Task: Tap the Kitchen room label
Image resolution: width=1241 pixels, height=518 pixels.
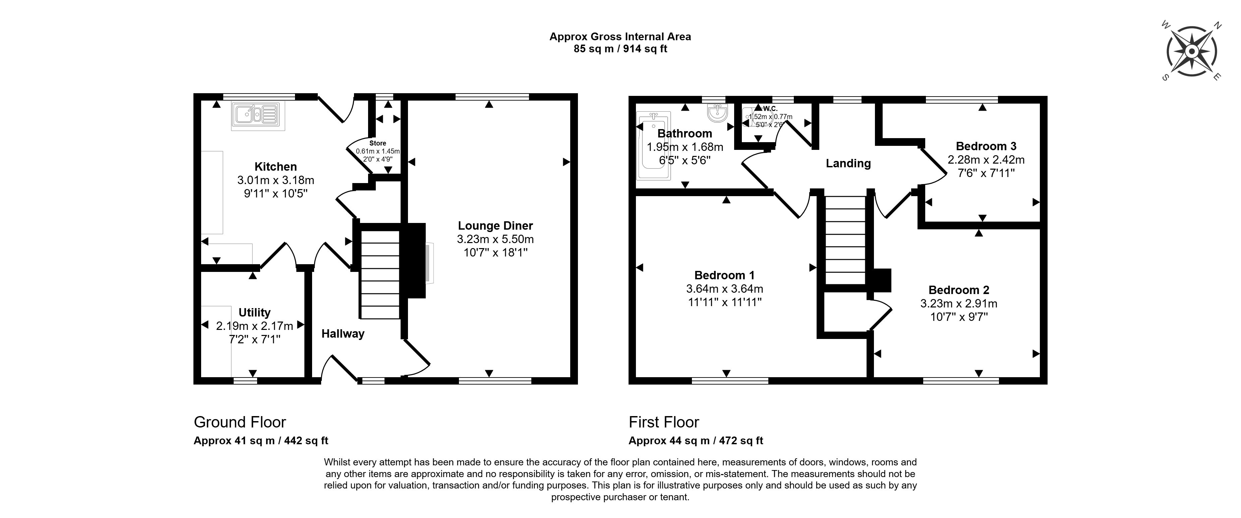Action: point(276,167)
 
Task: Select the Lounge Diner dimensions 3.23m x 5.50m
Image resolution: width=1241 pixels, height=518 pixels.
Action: point(495,239)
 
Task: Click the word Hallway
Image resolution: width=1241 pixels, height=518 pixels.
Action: point(343,334)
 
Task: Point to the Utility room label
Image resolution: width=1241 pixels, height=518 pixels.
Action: point(254,312)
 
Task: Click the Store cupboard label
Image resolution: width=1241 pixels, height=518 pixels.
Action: point(378,143)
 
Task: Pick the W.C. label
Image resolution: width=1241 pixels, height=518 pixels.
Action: point(770,109)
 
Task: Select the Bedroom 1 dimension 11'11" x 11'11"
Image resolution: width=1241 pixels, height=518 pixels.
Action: point(724,302)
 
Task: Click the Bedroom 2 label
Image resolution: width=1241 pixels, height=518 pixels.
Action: point(959,290)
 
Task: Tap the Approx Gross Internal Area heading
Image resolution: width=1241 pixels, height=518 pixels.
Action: point(620,37)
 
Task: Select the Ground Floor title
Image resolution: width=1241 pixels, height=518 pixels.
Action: point(240,422)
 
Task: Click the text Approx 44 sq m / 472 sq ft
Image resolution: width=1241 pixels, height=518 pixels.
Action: point(696,441)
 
